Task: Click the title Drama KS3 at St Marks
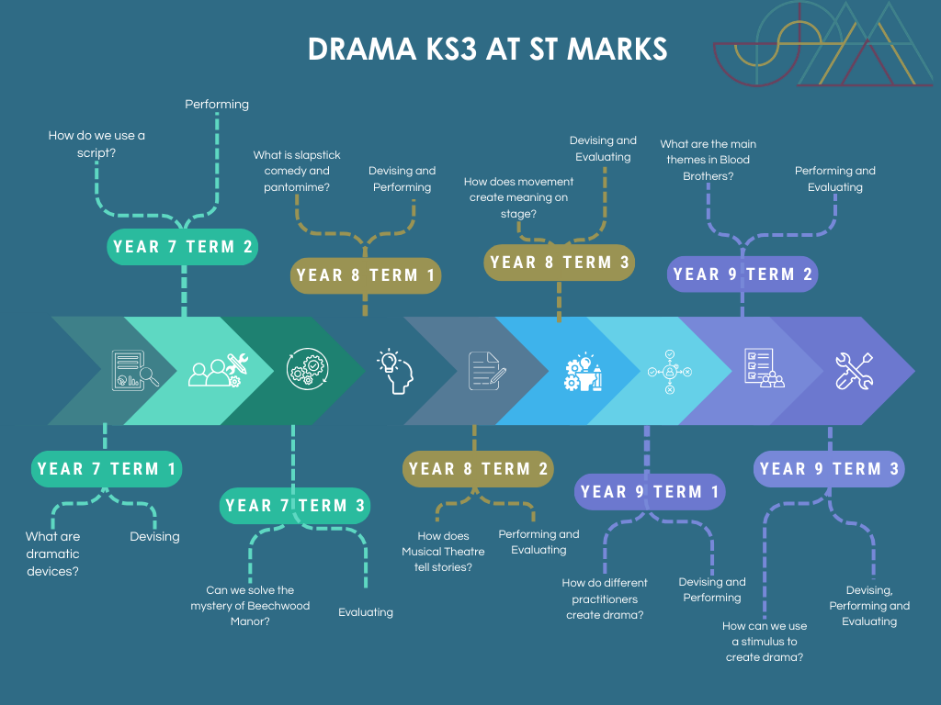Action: [x=487, y=49]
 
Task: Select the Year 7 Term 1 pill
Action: [x=106, y=469]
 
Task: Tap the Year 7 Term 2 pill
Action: [x=183, y=247]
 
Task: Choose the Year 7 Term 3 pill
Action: [x=295, y=506]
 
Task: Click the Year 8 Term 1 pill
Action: [x=366, y=275]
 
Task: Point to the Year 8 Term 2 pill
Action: [x=478, y=469]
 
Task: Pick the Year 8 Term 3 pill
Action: [x=560, y=263]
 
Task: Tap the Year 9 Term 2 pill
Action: [x=742, y=274]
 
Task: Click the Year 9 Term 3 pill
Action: [x=830, y=469]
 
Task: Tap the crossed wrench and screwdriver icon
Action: [x=854, y=371]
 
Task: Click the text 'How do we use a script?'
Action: [x=96, y=144]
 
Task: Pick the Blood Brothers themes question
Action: [x=708, y=160]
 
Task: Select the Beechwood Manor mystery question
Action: [x=250, y=606]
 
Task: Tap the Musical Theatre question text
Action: [x=443, y=552]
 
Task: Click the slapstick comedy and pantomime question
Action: [x=297, y=171]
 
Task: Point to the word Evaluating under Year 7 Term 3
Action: [x=366, y=612]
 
